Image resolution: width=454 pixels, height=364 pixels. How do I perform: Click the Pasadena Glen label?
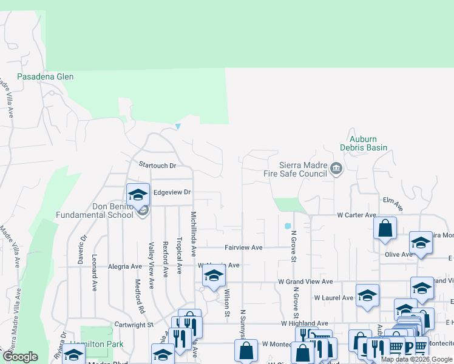(x=46, y=77)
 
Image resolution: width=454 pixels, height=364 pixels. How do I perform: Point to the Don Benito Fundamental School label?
(x=95, y=211)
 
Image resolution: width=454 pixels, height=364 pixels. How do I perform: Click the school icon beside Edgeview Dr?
(x=138, y=194)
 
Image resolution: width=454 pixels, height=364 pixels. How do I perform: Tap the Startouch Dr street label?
(x=157, y=165)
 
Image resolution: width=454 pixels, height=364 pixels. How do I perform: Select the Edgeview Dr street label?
(x=172, y=192)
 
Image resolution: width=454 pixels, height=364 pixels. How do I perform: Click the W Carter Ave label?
(x=356, y=215)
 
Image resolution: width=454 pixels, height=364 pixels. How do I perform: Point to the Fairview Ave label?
(x=243, y=248)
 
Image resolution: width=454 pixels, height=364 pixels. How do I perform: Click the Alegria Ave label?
(x=124, y=266)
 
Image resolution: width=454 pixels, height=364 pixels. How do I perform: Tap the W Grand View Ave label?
(x=306, y=282)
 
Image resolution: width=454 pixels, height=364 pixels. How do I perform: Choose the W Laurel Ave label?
(x=333, y=298)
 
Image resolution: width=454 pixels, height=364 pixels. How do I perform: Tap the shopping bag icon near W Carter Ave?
(x=385, y=229)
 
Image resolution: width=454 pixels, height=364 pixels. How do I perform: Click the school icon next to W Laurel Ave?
(x=367, y=295)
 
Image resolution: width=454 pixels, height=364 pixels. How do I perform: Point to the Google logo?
(x=20, y=357)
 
